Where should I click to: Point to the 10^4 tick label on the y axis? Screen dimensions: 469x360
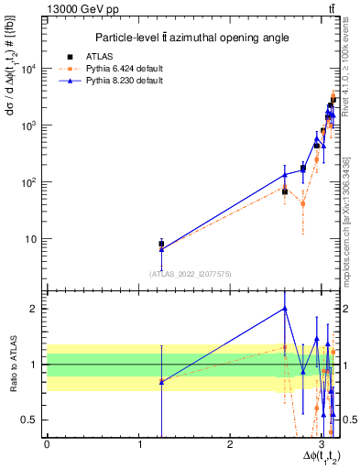[x=29, y=69]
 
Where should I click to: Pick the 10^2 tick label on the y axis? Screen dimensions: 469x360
[x=29, y=182]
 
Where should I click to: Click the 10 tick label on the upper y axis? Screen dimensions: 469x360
[x=32, y=239]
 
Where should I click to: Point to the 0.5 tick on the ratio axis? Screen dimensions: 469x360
[x=33, y=420]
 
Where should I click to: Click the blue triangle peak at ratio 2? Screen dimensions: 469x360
[x=285, y=309]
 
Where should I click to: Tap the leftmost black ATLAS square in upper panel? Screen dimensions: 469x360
[x=161, y=244]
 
